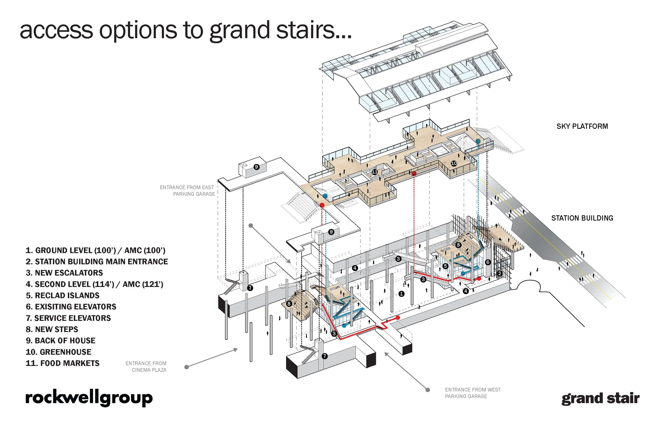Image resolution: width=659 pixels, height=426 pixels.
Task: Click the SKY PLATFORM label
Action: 582,126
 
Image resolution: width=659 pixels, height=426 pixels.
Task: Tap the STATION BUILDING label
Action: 582,218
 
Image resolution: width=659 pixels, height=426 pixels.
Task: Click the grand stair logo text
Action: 600,399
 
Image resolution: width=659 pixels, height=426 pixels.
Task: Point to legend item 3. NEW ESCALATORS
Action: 64,273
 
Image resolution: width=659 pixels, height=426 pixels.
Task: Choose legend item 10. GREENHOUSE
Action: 59,352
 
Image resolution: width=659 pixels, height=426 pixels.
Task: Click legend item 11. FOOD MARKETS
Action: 62,364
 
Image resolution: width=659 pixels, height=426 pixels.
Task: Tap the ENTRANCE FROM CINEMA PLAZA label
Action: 146,367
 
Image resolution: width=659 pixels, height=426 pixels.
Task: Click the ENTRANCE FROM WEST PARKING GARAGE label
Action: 473,393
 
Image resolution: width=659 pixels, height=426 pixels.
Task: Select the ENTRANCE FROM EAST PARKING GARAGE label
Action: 187,191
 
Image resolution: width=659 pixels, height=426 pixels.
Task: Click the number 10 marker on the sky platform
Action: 454,164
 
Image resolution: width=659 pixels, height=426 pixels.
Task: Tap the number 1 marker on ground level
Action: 401,294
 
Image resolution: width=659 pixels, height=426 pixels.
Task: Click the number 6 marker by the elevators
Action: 488,262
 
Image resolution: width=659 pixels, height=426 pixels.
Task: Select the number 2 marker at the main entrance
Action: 500,274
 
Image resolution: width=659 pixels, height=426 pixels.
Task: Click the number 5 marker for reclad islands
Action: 445,266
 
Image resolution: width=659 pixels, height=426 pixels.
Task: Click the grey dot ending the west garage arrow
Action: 428,390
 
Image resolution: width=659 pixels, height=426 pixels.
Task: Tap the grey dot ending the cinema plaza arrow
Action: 187,367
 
